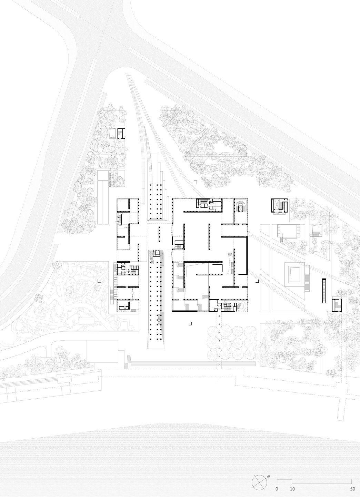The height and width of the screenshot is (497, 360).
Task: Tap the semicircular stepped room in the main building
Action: click(240, 206)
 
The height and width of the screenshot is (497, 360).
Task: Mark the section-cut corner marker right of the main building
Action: click(257, 281)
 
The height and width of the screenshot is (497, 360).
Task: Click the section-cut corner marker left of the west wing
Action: click(99, 281)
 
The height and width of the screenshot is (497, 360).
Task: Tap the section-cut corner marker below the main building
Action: click(190, 324)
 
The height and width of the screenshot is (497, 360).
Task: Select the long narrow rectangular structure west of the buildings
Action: click(103, 197)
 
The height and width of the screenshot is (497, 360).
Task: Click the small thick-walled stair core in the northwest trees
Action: click(120, 134)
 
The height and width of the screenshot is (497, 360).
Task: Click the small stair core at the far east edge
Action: click(336, 304)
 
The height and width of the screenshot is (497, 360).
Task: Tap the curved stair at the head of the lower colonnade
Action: click(156, 253)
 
